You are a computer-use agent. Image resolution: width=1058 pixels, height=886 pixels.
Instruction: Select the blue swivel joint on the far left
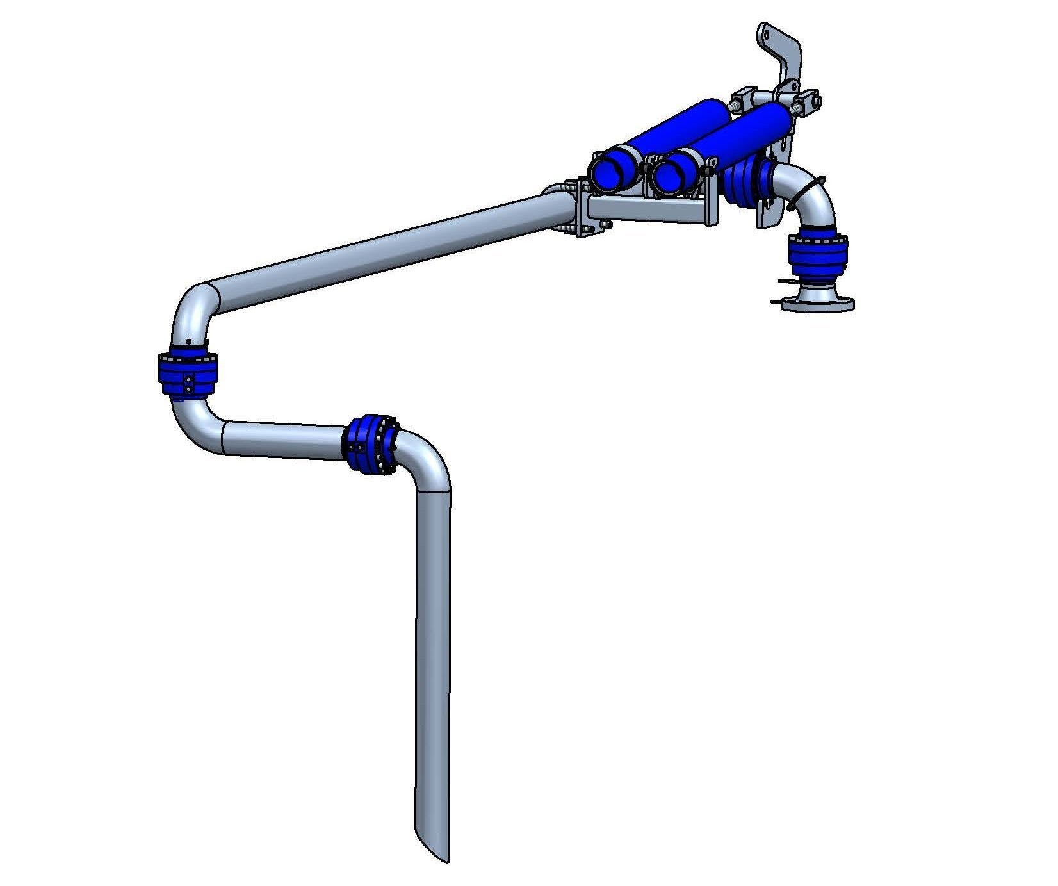[x=189, y=374]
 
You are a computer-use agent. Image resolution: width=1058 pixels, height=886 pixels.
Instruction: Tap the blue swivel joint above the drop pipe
[x=371, y=444]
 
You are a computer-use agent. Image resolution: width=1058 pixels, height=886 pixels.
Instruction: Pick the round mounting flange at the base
[x=818, y=302]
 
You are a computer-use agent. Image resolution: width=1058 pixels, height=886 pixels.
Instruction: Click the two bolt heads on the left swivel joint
[x=190, y=384]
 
